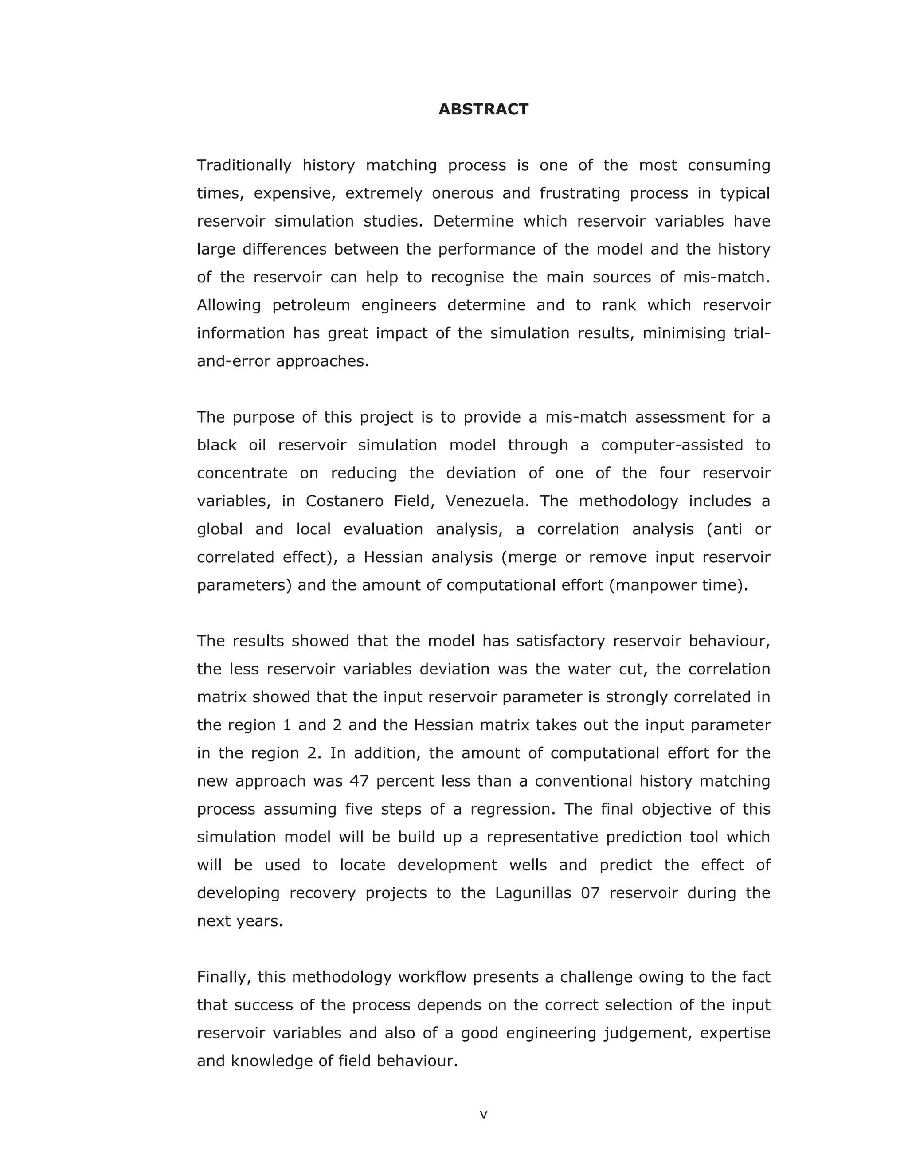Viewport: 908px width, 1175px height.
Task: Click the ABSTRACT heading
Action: click(483, 109)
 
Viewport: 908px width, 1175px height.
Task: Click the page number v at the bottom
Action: click(483, 1114)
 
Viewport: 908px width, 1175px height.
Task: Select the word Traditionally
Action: click(244, 165)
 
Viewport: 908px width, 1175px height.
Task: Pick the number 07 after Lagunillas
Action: click(590, 893)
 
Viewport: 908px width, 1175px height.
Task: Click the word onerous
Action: click(462, 193)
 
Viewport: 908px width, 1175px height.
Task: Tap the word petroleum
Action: click(311, 305)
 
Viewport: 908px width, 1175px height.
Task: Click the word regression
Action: click(513, 809)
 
